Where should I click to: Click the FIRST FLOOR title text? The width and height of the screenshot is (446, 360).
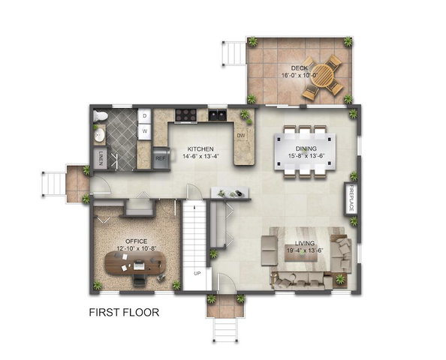click(124, 312)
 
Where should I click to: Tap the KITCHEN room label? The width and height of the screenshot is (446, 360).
click(200, 149)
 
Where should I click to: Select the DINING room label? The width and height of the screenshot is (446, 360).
click(306, 148)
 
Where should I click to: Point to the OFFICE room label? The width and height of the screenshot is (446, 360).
click(137, 241)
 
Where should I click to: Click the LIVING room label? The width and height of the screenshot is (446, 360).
click(305, 243)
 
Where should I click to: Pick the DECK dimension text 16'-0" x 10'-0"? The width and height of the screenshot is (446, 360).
click(300, 75)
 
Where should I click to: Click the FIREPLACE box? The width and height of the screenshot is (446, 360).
click(351, 198)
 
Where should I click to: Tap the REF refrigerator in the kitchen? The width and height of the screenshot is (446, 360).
click(161, 158)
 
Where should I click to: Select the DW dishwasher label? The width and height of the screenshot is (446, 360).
click(241, 136)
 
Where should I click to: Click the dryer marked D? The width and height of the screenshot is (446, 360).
click(144, 116)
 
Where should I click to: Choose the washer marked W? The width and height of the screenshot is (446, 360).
click(144, 131)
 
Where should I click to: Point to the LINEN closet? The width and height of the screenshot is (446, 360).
click(100, 158)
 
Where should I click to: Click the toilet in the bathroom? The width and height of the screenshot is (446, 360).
click(101, 116)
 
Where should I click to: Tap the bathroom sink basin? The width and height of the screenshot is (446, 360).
click(99, 135)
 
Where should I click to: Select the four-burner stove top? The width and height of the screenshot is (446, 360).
click(186, 115)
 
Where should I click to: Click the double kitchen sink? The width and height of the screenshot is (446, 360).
click(218, 115)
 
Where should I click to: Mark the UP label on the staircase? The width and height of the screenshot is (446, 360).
click(197, 273)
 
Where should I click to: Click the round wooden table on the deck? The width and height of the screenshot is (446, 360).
click(322, 75)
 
